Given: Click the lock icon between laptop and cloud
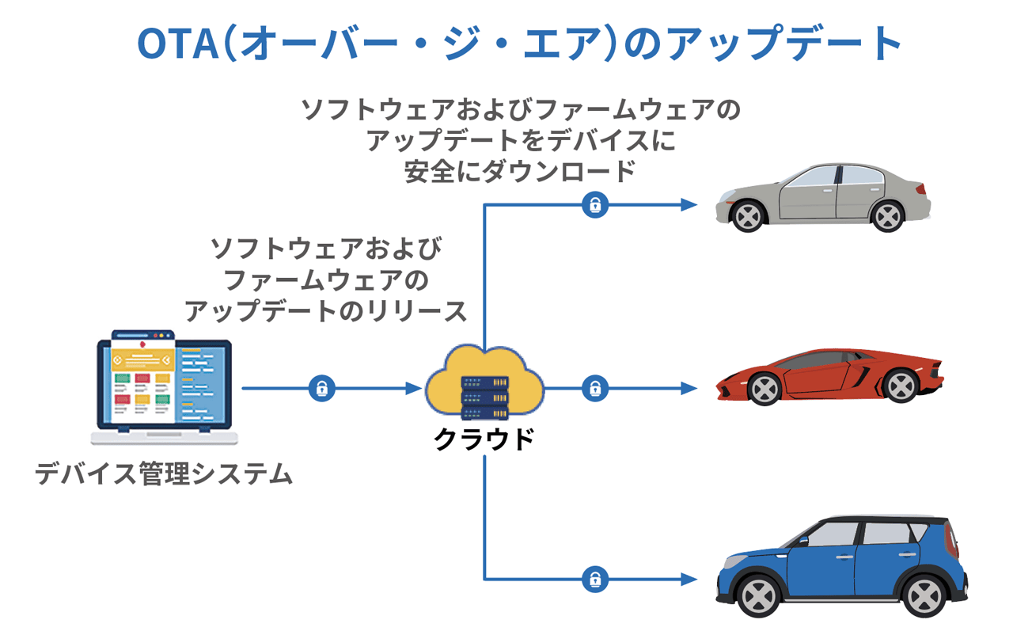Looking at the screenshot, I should pyautogui.click(x=321, y=389).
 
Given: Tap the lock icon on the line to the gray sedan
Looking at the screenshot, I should pyautogui.click(x=594, y=205).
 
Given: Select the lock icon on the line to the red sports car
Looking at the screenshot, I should pyautogui.click(x=594, y=389).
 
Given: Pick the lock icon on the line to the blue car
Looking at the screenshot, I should pyautogui.click(x=594, y=580).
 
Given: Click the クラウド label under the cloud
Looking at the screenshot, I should pyautogui.click(x=484, y=438).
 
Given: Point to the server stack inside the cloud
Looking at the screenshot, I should pyautogui.click(x=484, y=398).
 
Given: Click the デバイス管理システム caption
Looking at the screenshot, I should pyautogui.click(x=164, y=474).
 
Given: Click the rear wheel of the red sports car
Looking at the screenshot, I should pyautogui.click(x=901, y=386).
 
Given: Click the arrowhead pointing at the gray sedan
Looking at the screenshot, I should pyautogui.click(x=690, y=205).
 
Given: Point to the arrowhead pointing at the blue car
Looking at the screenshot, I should pyautogui.click(x=690, y=580).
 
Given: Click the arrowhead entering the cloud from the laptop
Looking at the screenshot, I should pyautogui.click(x=414, y=389).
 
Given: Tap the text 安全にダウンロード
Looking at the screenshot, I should pyautogui.click(x=520, y=171).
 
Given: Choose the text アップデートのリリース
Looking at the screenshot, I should pyautogui.click(x=326, y=311).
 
